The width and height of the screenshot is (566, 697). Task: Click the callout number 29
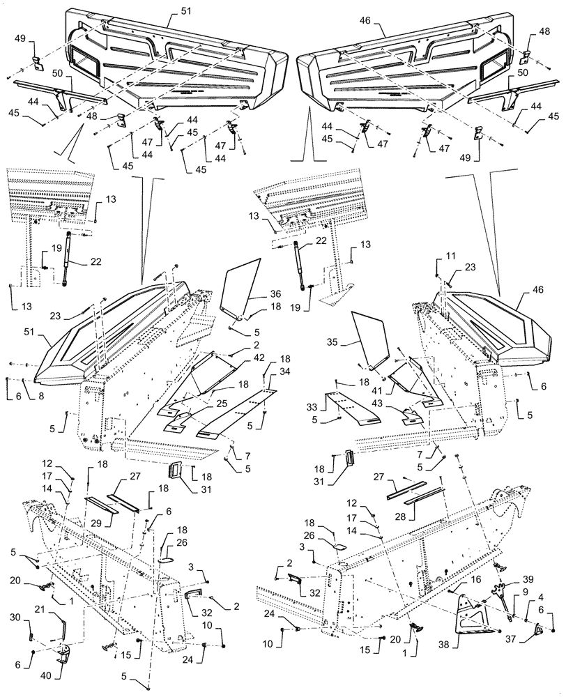tap(96, 521)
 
